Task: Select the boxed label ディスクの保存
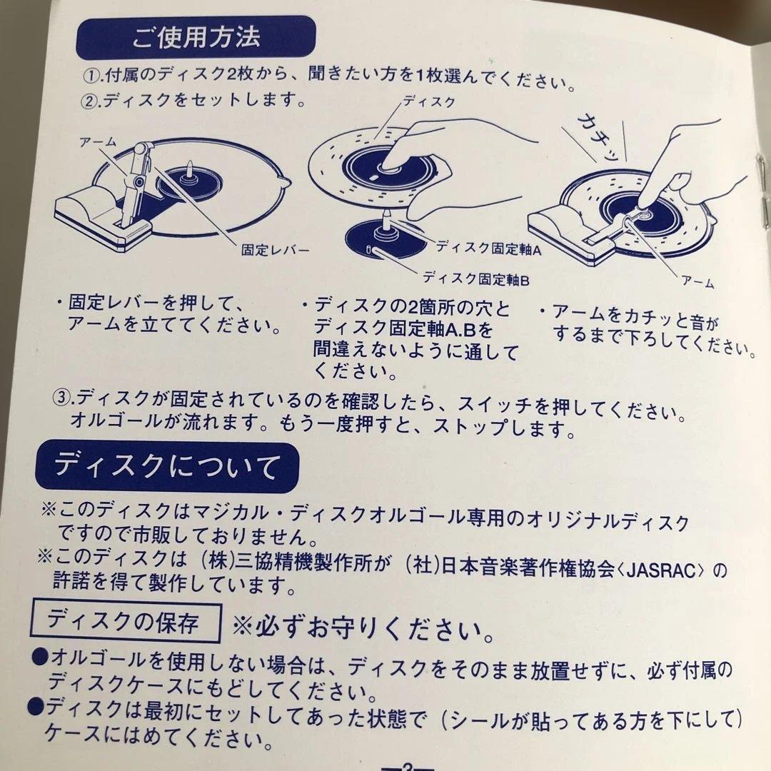[123, 621]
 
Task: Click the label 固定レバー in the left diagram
[276, 251]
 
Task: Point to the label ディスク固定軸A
[489, 248]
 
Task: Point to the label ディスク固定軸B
[476, 278]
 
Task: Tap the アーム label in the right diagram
[698, 283]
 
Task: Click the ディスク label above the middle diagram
[428, 102]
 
